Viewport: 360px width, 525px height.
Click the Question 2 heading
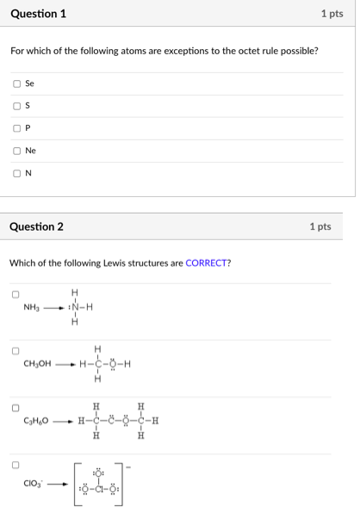(x=36, y=226)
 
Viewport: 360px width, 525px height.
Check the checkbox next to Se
(x=16, y=83)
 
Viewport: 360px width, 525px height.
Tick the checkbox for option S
(x=16, y=106)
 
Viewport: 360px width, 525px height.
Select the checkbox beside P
(x=16, y=128)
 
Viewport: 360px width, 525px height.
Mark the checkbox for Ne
(x=16, y=151)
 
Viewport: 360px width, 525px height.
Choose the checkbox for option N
(x=16, y=173)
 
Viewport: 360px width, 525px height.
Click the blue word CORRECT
(x=207, y=262)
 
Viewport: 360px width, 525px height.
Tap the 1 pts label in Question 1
(x=332, y=14)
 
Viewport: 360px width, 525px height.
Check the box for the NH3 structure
(x=16, y=294)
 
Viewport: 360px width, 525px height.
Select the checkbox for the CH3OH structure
(x=16, y=350)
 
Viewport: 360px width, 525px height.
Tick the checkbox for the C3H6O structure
(x=16, y=408)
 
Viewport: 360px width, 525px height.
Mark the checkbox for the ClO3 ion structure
(x=16, y=466)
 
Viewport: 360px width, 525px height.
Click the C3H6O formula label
(x=37, y=422)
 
